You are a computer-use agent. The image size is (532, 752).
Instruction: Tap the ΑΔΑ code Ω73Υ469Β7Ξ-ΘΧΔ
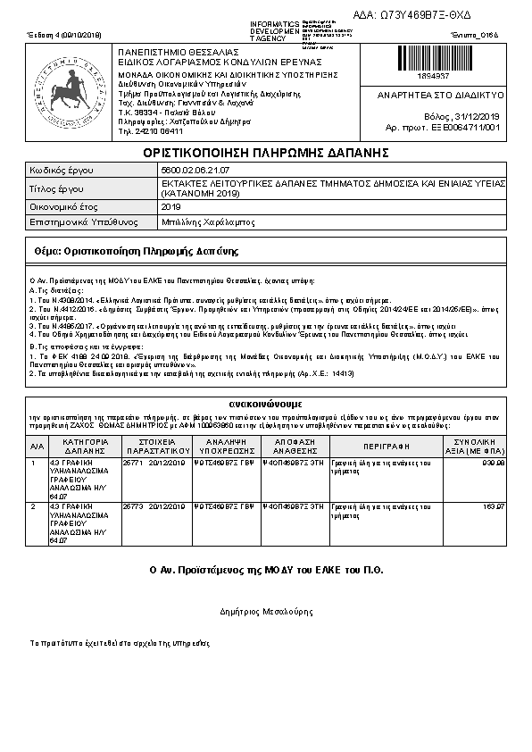pyautogui.click(x=425, y=16)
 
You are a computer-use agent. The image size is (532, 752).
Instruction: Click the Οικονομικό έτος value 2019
pyautogui.click(x=170, y=206)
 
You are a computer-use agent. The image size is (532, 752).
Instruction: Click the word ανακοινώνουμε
pyautogui.click(x=267, y=401)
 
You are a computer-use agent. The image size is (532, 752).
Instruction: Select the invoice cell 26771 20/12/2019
pyautogui.click(x=153, y=464)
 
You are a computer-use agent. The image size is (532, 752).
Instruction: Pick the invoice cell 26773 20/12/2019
pyautogui.click(x=153, y=506)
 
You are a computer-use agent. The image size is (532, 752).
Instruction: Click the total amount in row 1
pyautogui.click(x=493, y=464)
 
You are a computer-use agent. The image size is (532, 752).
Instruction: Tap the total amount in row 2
pyautogui.click(x=494, y=506)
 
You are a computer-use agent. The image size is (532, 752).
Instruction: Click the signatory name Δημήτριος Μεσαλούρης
pyautogui.click(x=265, y=612)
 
